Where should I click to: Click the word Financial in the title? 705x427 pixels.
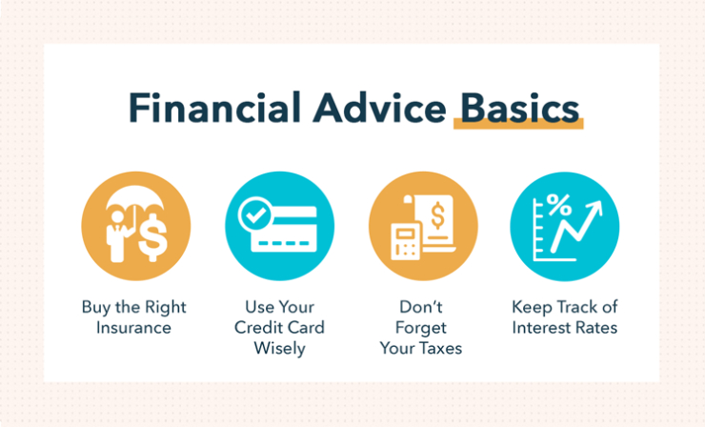pos(215,107)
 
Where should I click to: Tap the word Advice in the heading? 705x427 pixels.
pos(380,107)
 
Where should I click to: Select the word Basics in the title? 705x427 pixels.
pos(520,108)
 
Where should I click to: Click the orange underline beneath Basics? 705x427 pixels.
pos(518,124)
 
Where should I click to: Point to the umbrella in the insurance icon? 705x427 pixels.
pos(135,199)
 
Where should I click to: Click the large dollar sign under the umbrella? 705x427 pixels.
pos(152,237)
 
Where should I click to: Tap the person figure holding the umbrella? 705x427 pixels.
pos(117,236)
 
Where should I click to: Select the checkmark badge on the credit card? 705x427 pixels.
pos(255,214)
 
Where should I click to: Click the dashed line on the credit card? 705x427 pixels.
pos(284,243)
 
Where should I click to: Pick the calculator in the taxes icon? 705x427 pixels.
pos(406,242)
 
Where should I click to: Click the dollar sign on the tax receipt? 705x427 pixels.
pos(437,215)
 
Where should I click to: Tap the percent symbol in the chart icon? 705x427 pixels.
pos(559,205)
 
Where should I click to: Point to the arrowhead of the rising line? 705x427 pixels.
pos(594,209)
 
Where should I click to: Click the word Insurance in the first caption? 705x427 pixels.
pos(133,328)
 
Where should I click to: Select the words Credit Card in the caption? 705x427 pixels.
pos(279,328)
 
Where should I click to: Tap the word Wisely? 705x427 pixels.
pos(280,349)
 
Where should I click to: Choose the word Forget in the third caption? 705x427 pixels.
pos(421,329)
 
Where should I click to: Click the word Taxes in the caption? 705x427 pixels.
pos(439,348)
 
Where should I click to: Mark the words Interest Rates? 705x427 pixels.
pos(565,328)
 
